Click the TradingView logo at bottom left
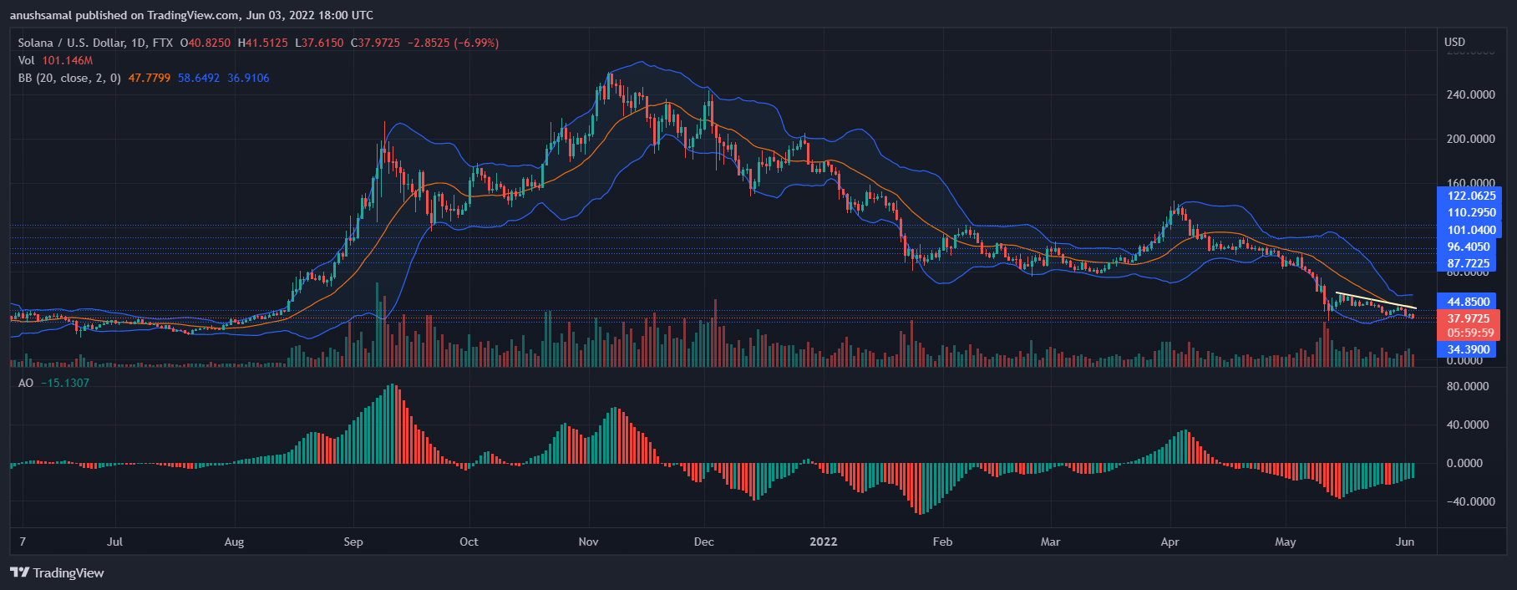tap(57, 572)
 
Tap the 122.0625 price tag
tap(1471, 196)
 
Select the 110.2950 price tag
tap(1471, 213)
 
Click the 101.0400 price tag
tap(1471, 230)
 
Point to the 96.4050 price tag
tap(1469, 247)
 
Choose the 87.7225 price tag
tap(1469, 263)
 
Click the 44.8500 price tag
tap(1468, 302)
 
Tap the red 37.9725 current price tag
tap(1468, 318)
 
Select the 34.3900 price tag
tap(1468, 349)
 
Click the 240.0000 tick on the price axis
tap(1470, 94)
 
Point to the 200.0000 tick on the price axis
tap(1470, 139)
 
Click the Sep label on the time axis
tap(353, 542)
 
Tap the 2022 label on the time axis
tap(823, 542)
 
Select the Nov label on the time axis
tap(588, 542)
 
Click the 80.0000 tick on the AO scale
tap(1468, 386)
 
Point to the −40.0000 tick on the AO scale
tap(1466, 501)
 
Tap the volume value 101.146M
tap(67, 60)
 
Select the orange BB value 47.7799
tap(149, 78)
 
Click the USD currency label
tap(1454, 42)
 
